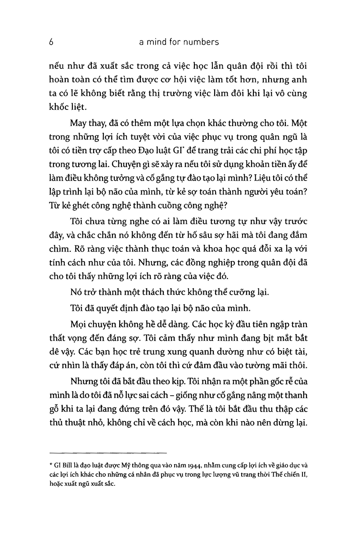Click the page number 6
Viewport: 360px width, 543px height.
click(52, 42)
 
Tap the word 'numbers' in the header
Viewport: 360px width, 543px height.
click(201, 42)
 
